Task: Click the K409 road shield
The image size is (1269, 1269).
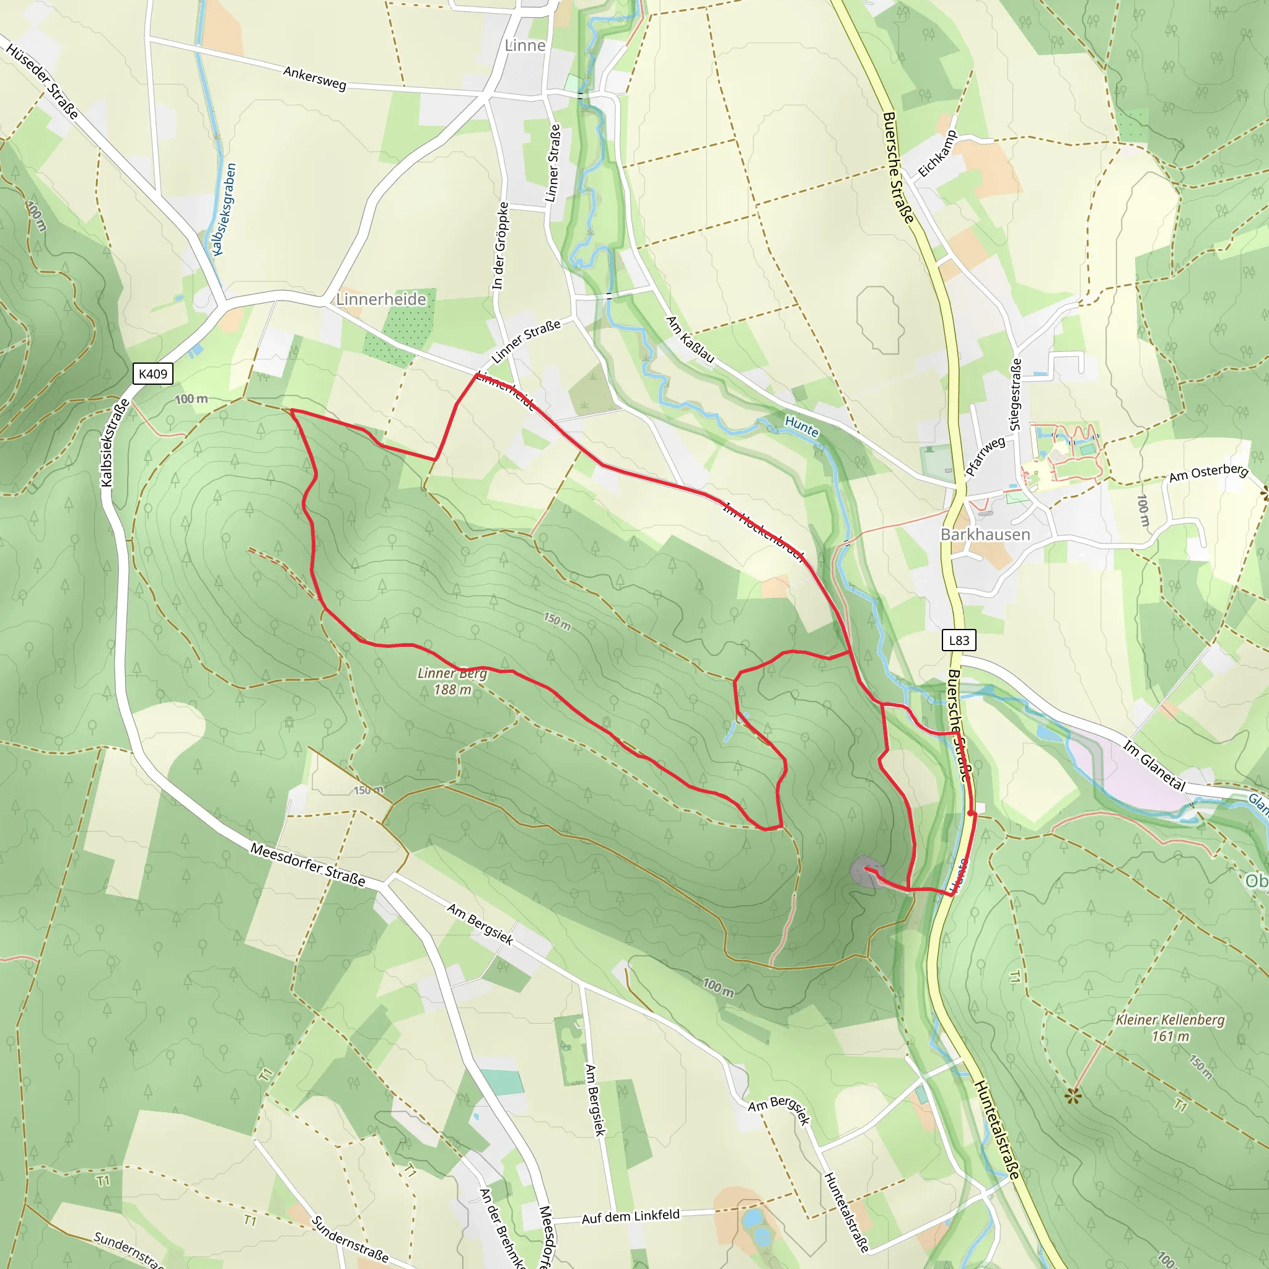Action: click(153, 374)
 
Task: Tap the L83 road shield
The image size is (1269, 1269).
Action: click(959, 641)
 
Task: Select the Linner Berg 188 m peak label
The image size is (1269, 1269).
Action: click(452, 681)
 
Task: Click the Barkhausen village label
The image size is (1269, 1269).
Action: click(985, 535)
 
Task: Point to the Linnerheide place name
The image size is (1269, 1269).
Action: click(381, 299)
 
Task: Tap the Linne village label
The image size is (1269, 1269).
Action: click(525, 45)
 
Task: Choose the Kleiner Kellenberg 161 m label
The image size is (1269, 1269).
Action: click(1170, 1028)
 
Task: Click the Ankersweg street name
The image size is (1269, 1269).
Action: click(315, 78)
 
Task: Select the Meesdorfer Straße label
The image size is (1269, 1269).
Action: click(307, 864)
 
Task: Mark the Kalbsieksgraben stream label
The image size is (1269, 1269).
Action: click(222, 209)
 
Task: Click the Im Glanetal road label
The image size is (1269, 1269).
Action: click(1154, 765)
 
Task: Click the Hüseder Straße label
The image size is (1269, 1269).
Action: click(42, 79)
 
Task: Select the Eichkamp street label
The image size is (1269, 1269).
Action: click(937, 154)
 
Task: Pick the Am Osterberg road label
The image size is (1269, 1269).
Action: click(1208, 472)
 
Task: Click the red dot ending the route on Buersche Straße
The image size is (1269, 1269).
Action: click(971, 813)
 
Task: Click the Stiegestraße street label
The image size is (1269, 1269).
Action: click(1016, 394)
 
